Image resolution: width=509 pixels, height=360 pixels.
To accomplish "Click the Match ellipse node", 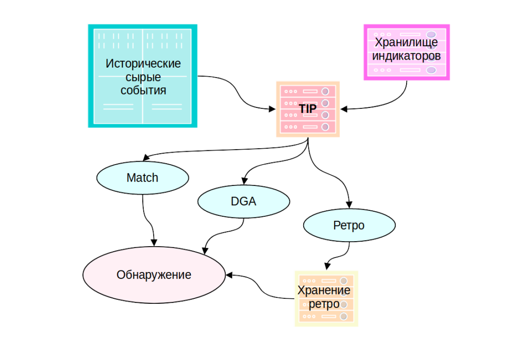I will tap(143, 178).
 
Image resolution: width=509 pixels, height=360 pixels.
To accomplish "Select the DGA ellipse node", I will tap(244, 201).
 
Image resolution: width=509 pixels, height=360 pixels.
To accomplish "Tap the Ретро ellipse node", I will tap(349, 225).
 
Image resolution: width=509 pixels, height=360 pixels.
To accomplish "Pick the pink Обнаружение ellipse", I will tap(154, 274).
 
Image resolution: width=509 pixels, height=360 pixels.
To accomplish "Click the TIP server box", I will tap(308, 109).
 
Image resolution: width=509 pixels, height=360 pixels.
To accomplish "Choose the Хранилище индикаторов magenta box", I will tap(407, 51).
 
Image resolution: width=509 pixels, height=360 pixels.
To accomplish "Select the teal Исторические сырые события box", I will tap(143, 76).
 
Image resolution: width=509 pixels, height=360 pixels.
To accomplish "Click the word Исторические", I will tap(143, 64).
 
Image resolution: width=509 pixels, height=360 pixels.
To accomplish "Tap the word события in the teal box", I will tap(143, 90).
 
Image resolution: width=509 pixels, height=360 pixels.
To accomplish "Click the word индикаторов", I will tap(407, 56).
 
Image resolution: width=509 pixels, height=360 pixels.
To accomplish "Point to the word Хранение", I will tap(324, 290).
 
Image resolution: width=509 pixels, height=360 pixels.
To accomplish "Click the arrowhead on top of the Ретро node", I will tap(349, 204).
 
